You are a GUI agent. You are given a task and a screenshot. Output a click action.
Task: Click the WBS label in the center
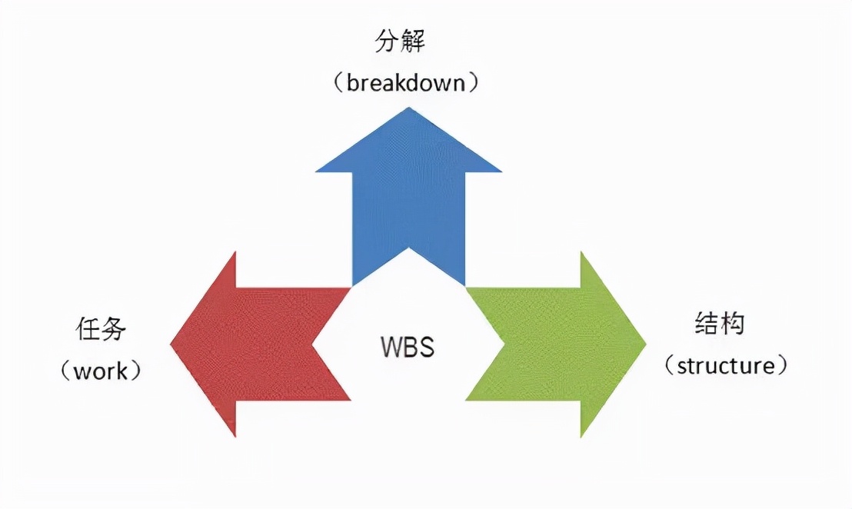pyautogui.click(x=408, y=347)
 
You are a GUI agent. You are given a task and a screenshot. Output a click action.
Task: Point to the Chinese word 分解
pyautogui.click(x=400, y=42)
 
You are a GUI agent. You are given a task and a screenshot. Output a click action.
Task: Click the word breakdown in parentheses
pyautogui.click(x=406, y=82)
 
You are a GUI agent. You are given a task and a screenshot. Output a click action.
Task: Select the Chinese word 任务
pyautogui.click(x=100, y=329)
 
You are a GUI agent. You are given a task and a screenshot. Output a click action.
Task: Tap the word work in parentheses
pyautogui.click(x=100, y=371)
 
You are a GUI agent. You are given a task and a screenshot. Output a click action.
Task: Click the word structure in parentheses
pyautogui.click(x=726, y=365)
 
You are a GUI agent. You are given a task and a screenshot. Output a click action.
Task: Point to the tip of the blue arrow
pyautogui.click(x=408, y=109)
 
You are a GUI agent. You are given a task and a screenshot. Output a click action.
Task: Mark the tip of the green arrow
pyautogui.click(x=644, y=343)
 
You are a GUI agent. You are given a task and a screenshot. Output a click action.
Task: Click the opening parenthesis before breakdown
pyautogui.click(x=339, y=82)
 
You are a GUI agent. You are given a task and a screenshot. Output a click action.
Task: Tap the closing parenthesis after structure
pyautogui.click(x=782, y=365)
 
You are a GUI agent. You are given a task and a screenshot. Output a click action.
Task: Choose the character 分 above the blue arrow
pyautogui.click(x=387, y=42)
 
